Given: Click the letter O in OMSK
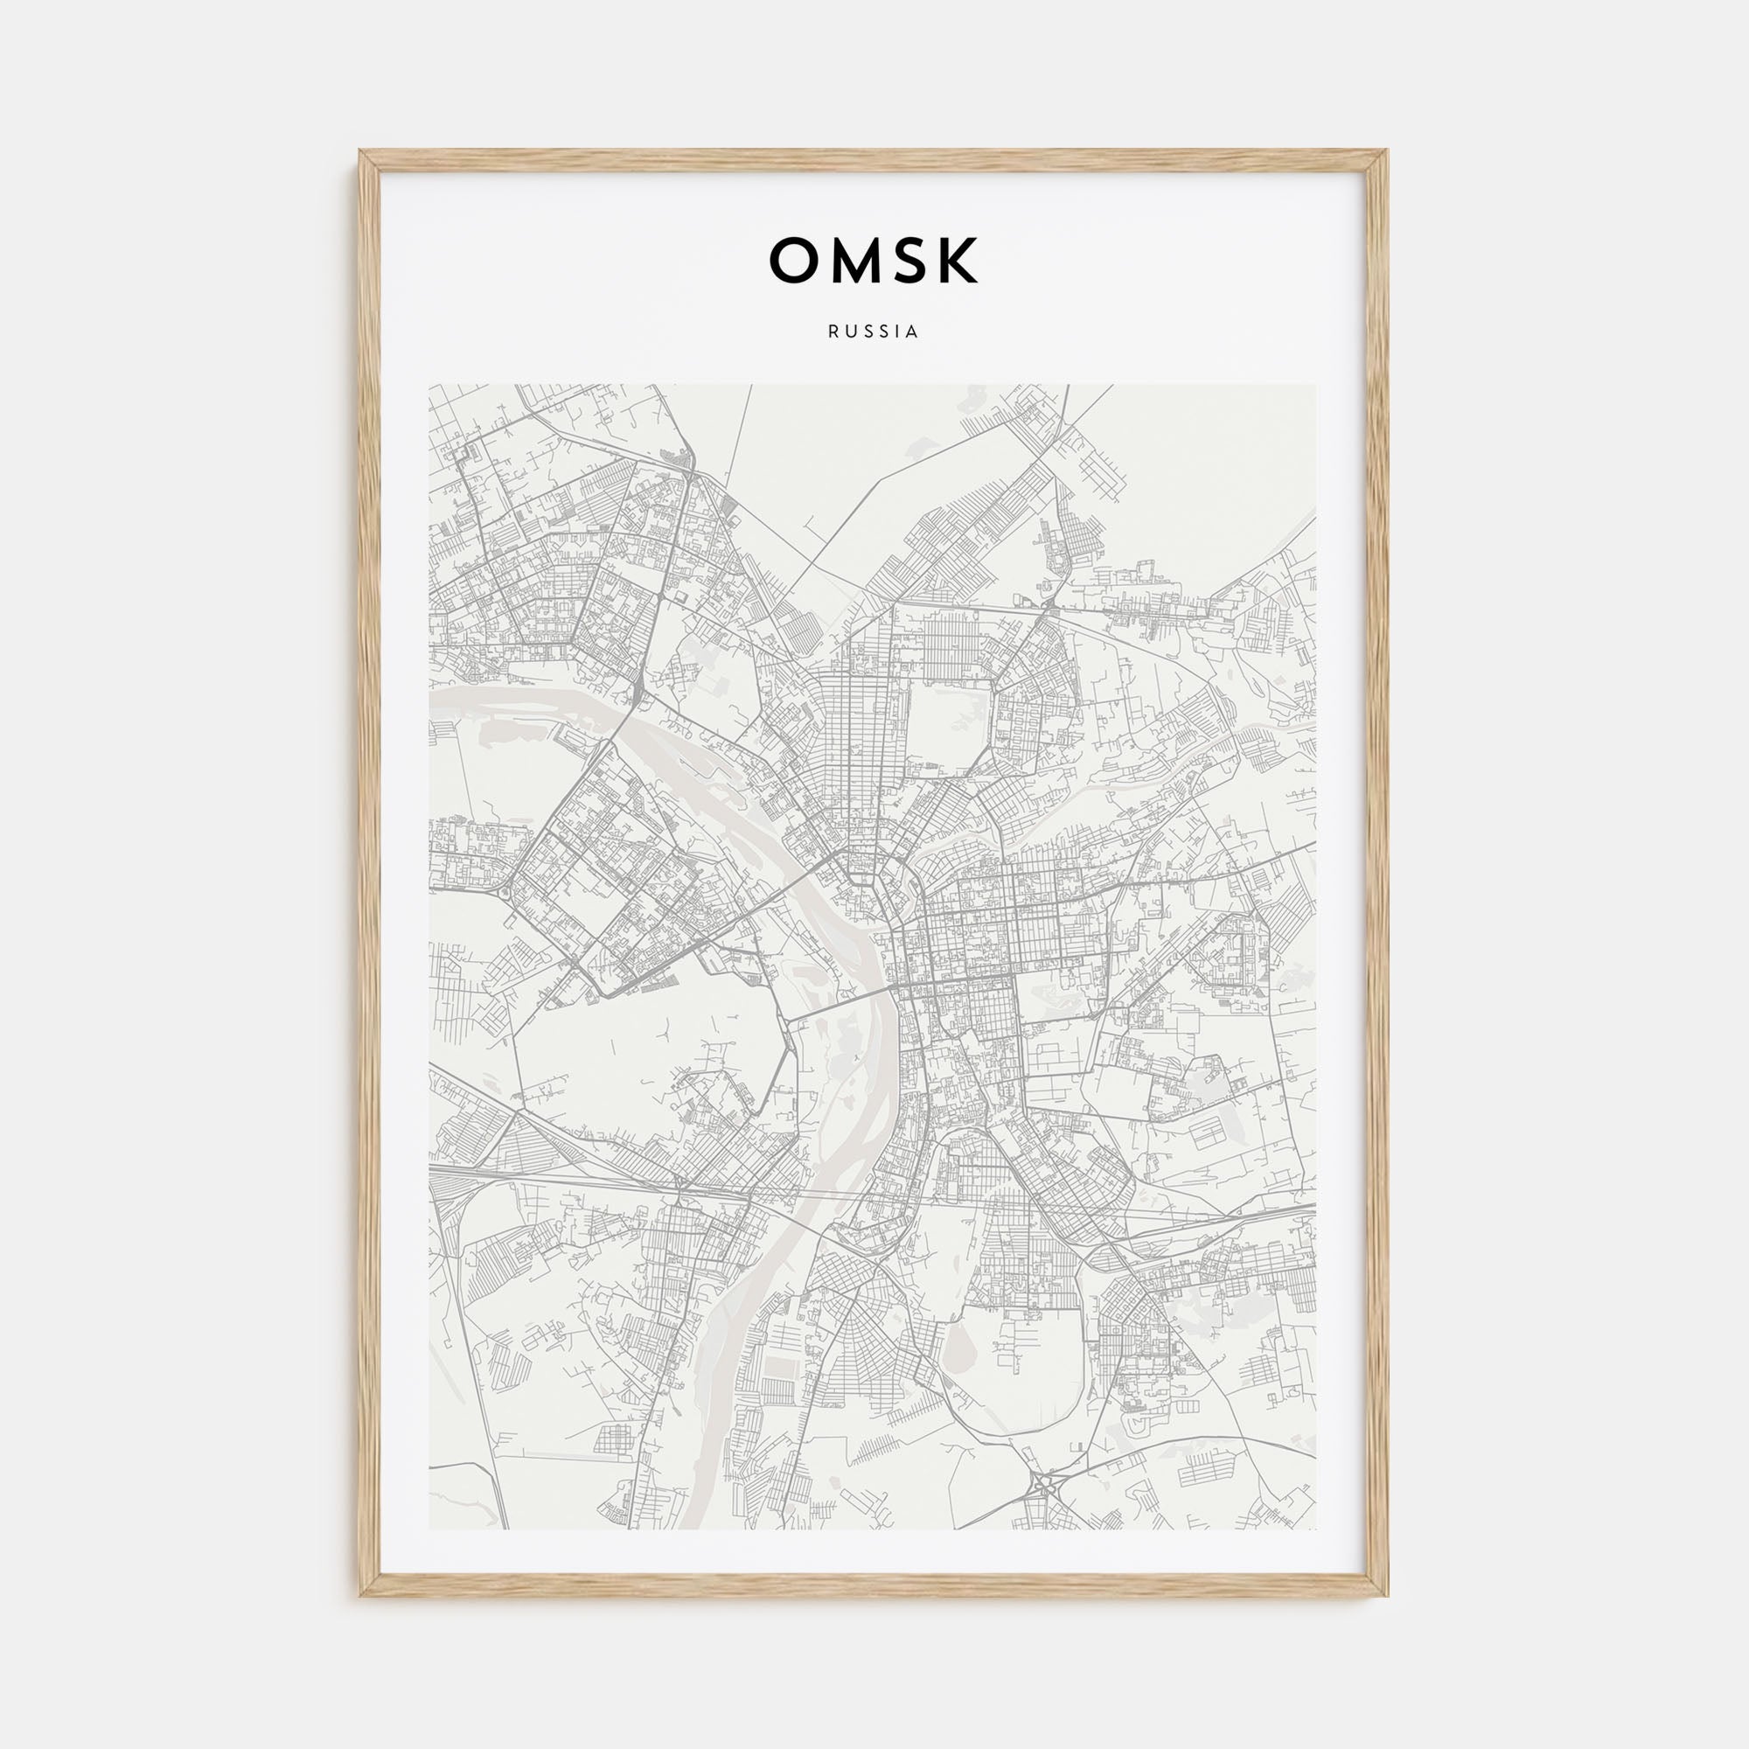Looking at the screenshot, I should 793,261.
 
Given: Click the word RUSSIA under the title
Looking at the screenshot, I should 873,332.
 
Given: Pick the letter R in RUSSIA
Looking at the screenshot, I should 832,332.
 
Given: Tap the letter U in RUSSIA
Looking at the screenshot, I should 848,332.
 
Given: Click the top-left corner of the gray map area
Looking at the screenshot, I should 430,386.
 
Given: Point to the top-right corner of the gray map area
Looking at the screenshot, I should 1316,386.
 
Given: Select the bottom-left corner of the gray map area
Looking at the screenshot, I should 430,1529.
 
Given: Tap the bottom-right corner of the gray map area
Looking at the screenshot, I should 1316,1529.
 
